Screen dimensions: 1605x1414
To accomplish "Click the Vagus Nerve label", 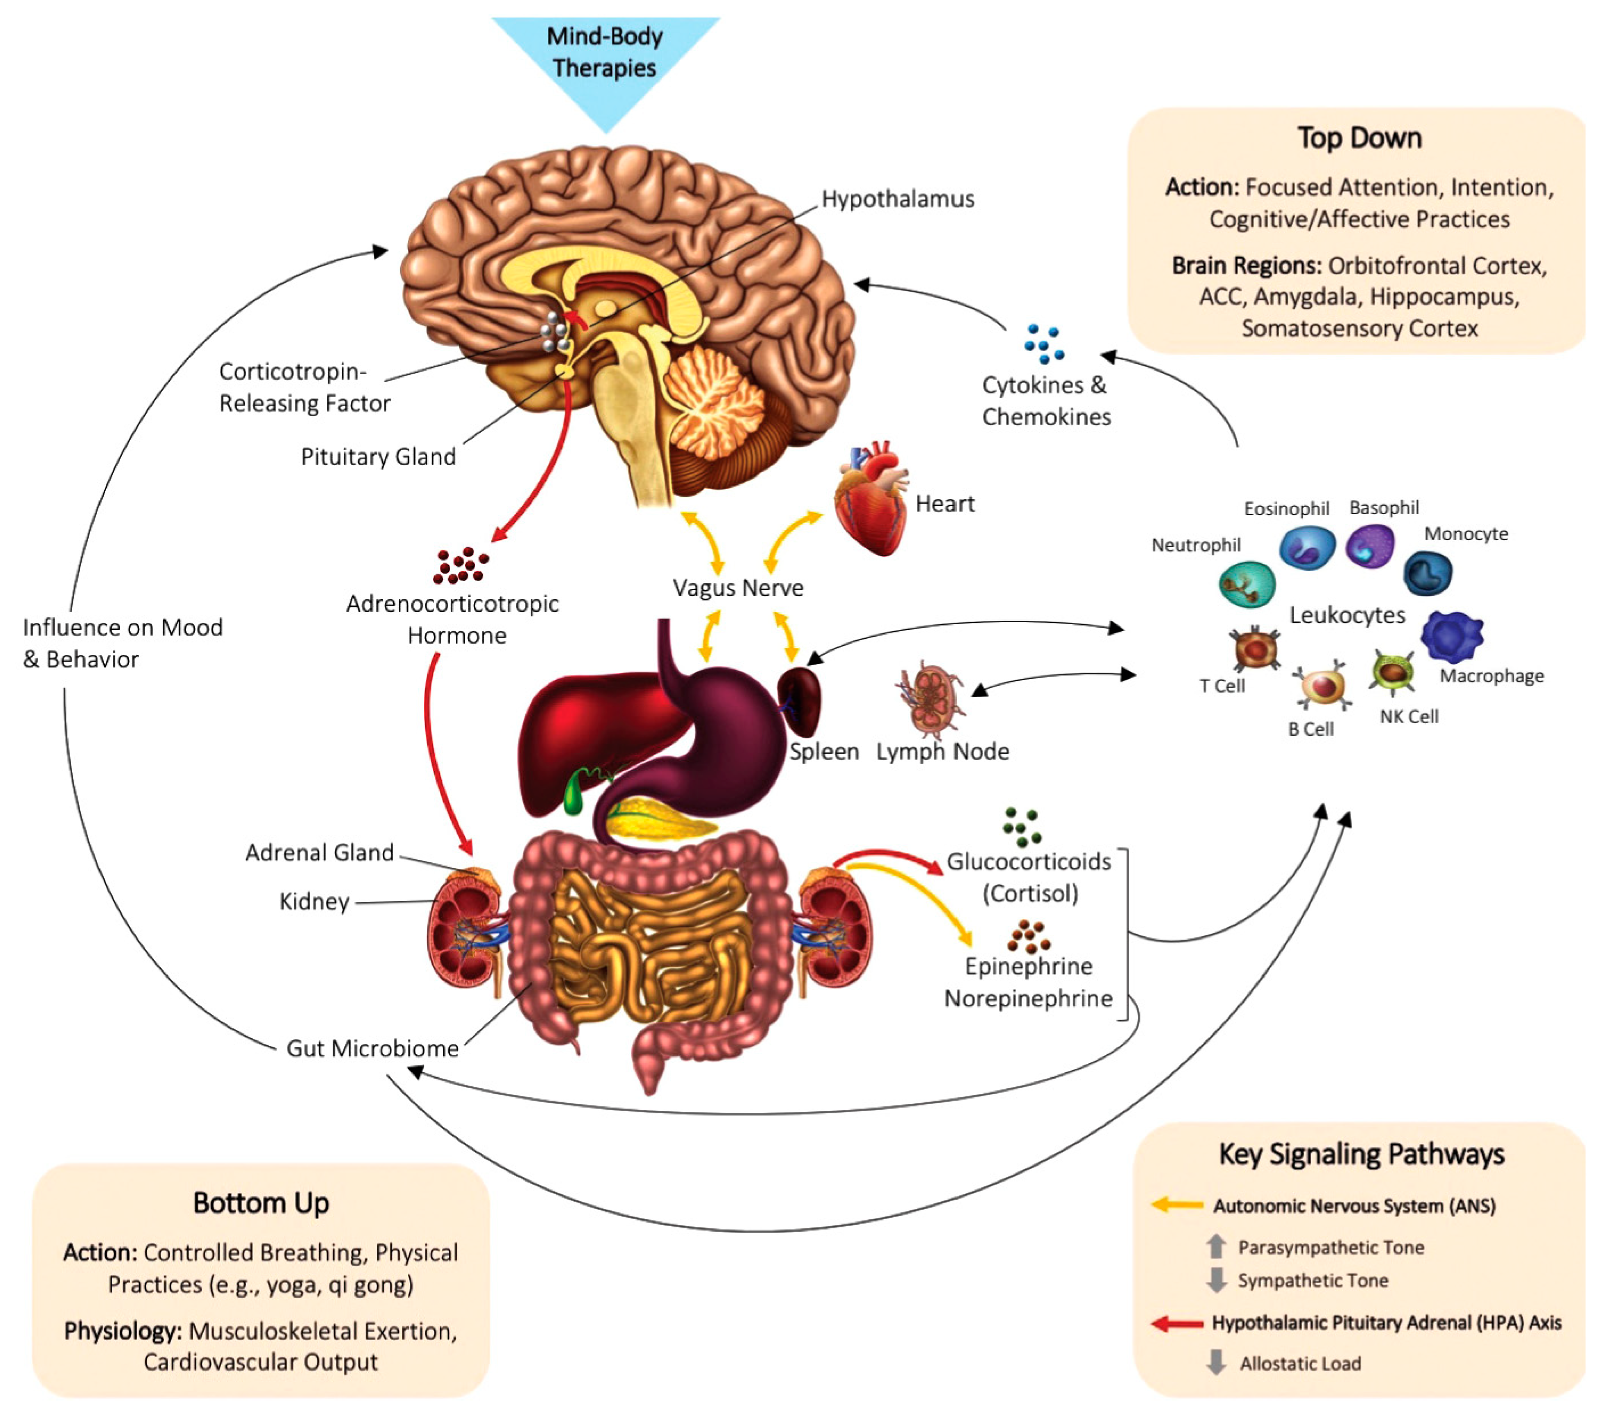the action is click(738, 588).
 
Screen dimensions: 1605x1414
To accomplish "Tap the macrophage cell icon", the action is click(1452, 636).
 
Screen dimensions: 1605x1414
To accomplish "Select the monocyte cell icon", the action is click(1427, 573).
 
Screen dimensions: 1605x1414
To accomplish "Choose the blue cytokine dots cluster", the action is click(1043, 344).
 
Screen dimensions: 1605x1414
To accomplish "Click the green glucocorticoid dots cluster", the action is click(1022, 827).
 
